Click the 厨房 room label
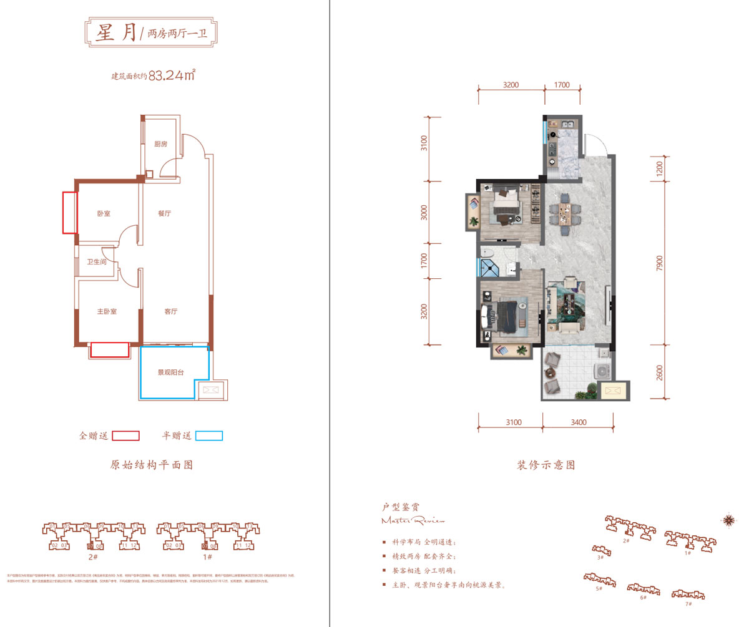[x=160, y=144]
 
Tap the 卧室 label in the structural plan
[x=104, y=214]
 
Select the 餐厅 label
[x=164, y=213]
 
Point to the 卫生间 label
[x=96, y=262]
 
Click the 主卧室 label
[x=107, y=311]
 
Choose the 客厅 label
[x=170, y=311]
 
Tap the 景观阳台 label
[x=170, y=372]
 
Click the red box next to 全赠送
[x=125, y=436]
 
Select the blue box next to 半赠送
[x=208, y=436]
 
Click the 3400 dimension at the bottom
[x=578, y=422]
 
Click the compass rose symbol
[x=728, y=518]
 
